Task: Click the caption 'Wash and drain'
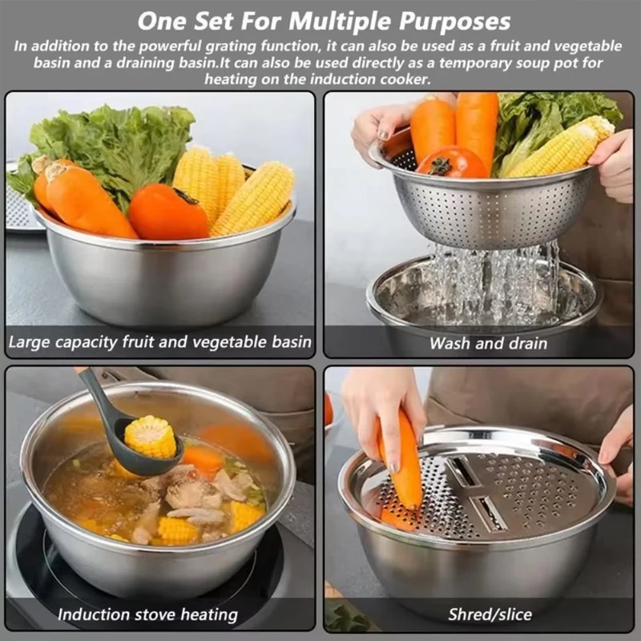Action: tap(488, 344)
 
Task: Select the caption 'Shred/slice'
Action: tap(490, 615)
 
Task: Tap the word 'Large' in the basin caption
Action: tap(31, 343)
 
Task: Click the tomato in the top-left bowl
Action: tap(168, 212)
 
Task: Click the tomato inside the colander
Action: tap(450, 162)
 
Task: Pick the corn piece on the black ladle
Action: tap(150, 437)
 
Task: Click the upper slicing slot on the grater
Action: tap(463, 472)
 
